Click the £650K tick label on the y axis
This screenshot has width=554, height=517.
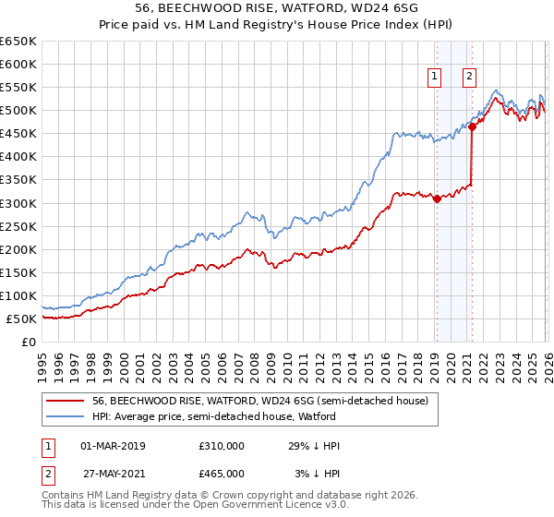coord(18,42)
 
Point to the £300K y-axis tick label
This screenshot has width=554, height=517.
coord(18,203)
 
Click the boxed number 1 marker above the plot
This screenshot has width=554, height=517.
coord(434,78)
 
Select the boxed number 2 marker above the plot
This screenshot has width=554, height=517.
coord(470,78)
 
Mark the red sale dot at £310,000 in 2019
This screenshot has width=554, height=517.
coord(436,198)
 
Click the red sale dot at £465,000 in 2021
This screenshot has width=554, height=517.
coord(472,127)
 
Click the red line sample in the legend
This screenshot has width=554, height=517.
coord(65,402)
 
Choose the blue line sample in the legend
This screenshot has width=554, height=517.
coord(65,416)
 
